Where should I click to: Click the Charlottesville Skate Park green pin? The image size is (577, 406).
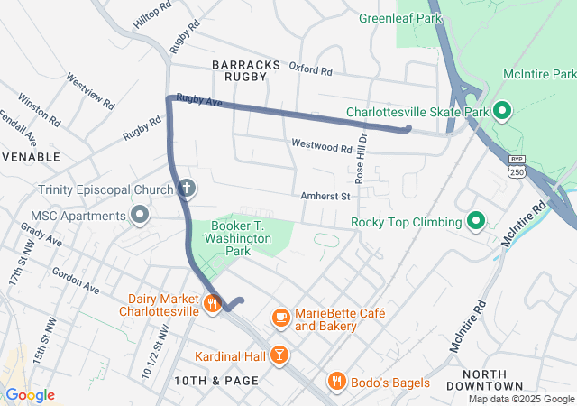(x=502, y=112)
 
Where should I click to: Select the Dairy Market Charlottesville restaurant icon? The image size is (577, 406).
(x=213, y=303)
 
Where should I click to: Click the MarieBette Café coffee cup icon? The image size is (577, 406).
(x=280, y=317)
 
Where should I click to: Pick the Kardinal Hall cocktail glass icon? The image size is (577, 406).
(x=280, y=356)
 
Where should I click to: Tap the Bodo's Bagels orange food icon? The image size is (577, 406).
(x=336, y=382)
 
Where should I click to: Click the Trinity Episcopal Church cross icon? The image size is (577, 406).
(x=188, y=189)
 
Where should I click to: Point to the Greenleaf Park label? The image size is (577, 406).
(x=399, y=17)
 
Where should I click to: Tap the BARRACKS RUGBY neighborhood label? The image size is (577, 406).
(x=240, y=70)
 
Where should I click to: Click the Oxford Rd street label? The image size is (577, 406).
(x=311, y=69)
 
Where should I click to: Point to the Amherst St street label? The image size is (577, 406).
(x=325, y=195)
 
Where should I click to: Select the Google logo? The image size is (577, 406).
(x=29, y=395)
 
